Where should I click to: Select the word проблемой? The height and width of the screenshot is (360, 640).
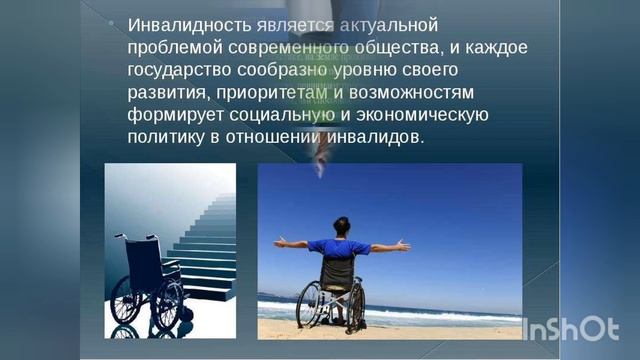174,47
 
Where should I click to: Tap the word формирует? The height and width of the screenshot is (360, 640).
172,116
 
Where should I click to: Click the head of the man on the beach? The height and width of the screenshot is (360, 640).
342,226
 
